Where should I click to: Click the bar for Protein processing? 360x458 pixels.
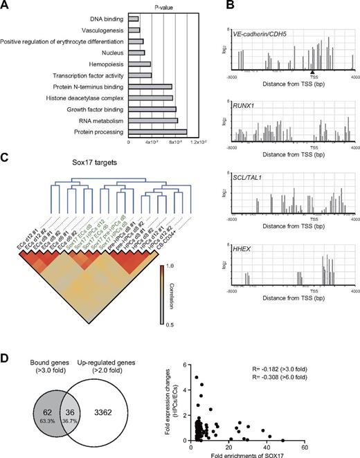[x=157, y=132]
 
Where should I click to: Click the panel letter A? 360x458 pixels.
[x=6, y=7]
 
